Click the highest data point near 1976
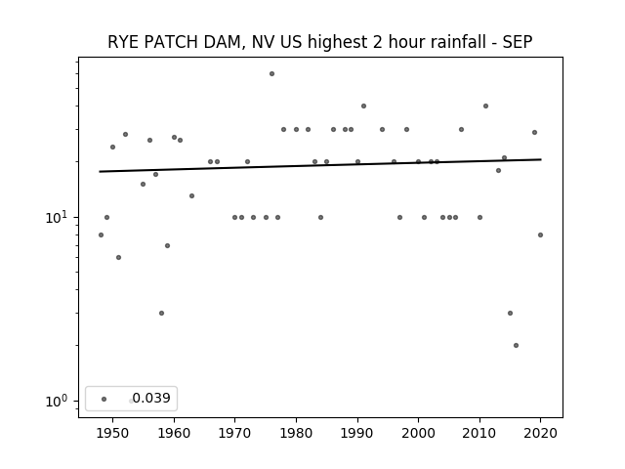coord(271,74)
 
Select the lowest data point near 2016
coord(517,345)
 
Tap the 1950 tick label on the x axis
coord(113,433)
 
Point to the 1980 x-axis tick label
coord(296,433)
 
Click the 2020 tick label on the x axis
coord(540,433)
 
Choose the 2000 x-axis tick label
coord(419,433)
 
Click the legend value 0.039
coord(151,398)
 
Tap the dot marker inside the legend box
coord(104,399)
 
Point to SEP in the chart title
coord(518,42)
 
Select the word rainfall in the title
coord(457,42)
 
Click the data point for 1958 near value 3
coord(161,313)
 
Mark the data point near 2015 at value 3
coord(510,313)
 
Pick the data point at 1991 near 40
coord(363,107)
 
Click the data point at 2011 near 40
coord(486,107)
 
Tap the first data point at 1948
coord(101,234)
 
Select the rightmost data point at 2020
coord(540,234)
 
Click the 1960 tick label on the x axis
coord(174,433)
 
